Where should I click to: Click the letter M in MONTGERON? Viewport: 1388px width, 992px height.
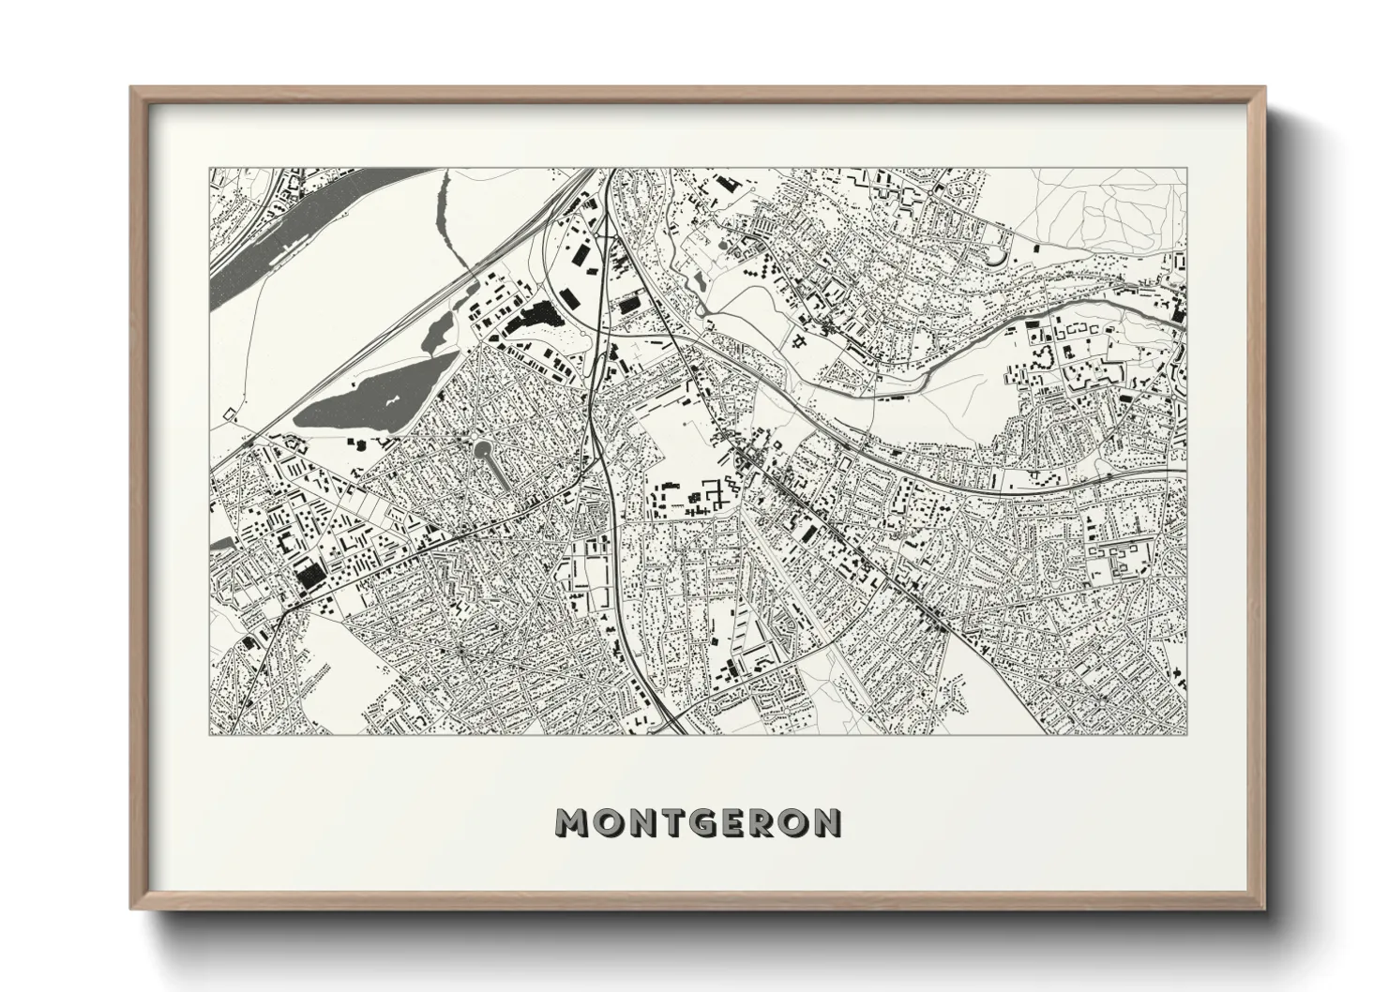573,823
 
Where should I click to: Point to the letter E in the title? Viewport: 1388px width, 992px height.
725,823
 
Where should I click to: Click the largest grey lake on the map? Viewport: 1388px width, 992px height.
375,398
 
